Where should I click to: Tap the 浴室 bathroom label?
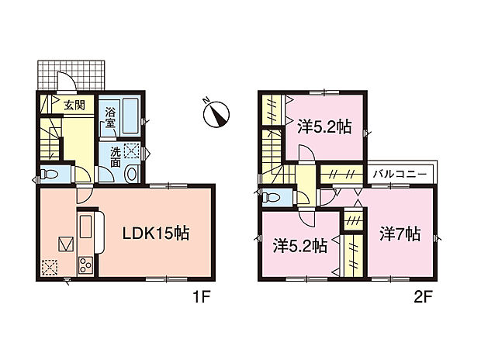[x=111, y=116]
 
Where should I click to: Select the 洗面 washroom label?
[x=114, y=157]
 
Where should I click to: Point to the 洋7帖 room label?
[x=400, y=233]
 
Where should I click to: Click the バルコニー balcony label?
[x=399, y=174]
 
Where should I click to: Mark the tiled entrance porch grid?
[x=70, y=75]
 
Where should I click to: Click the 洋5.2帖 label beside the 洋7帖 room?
[x=299, y=247]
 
